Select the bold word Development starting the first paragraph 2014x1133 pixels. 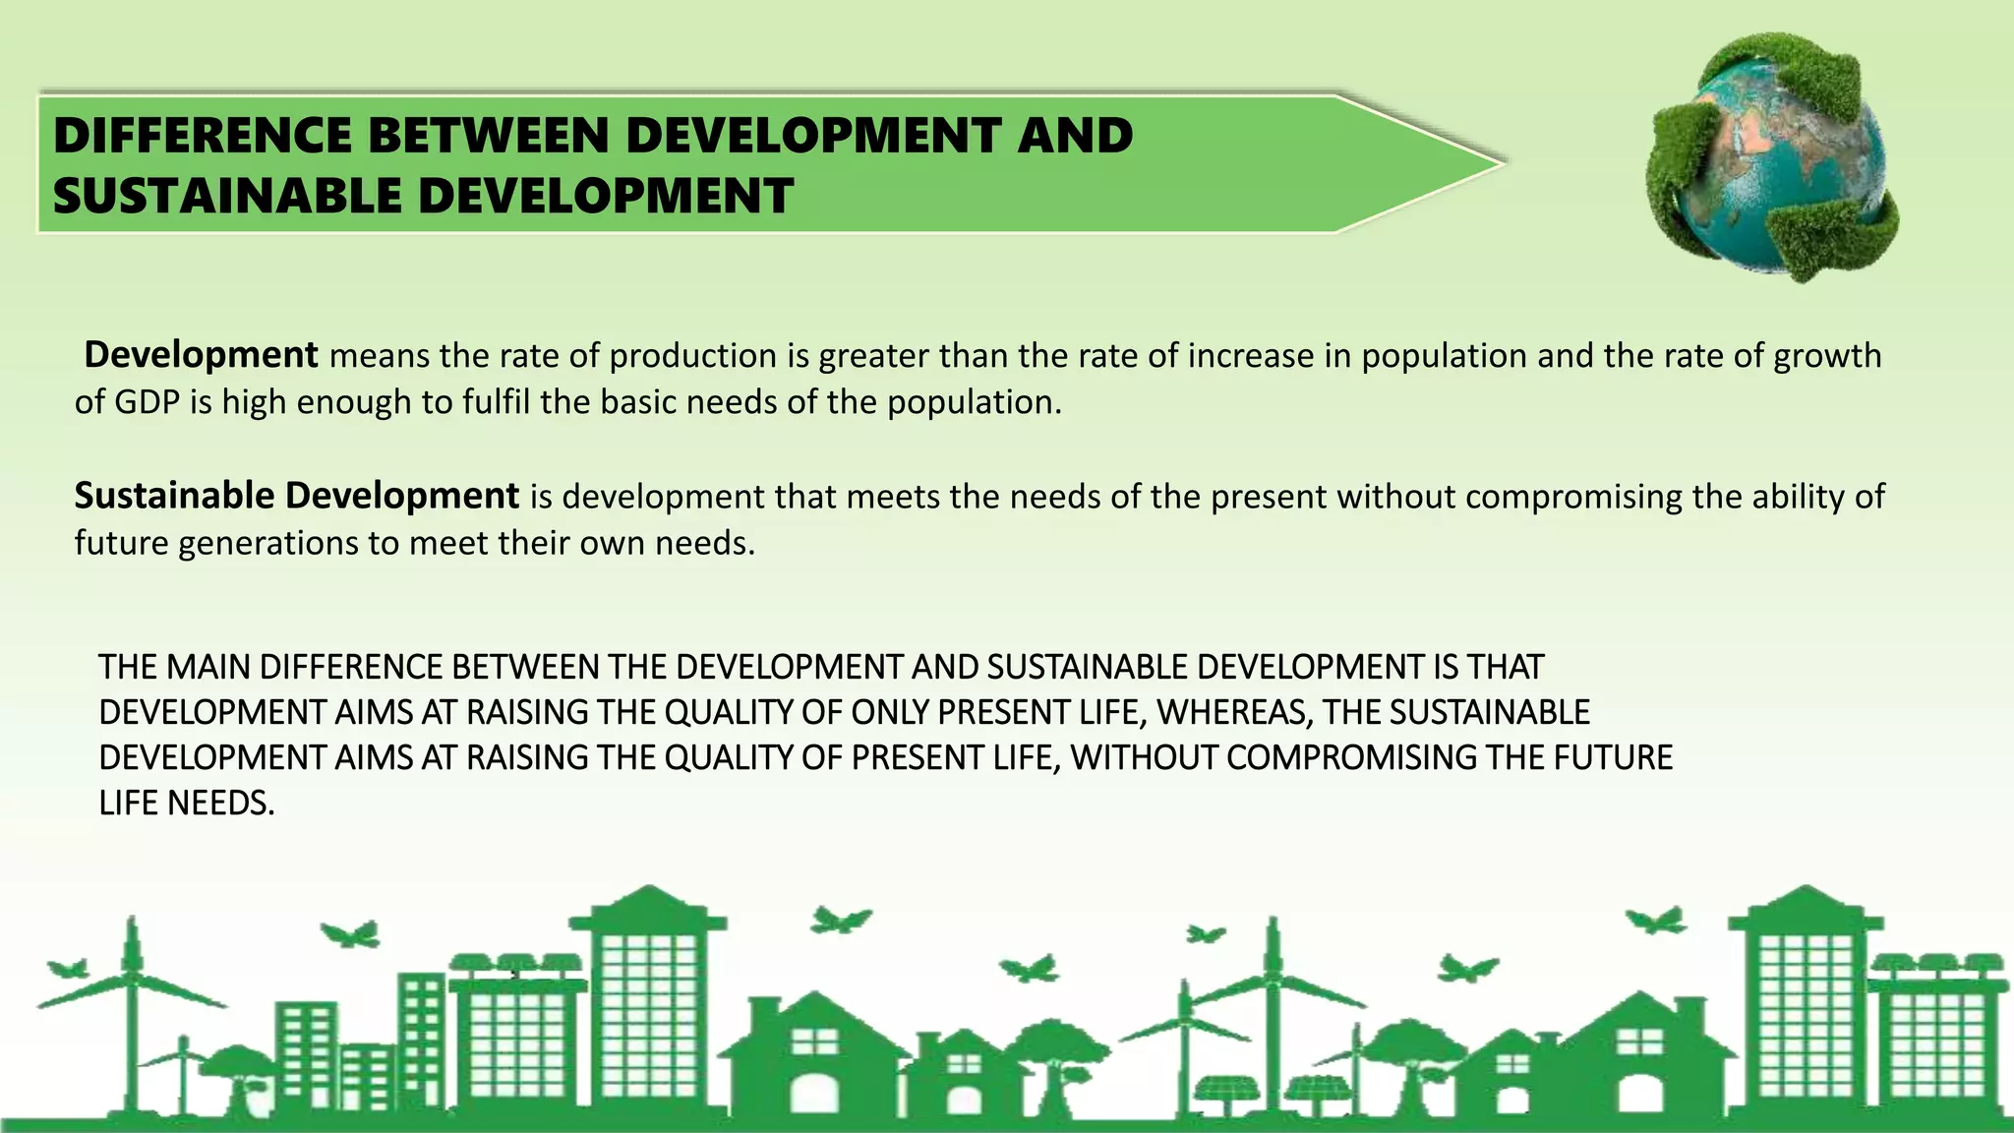click(x=201, y=354)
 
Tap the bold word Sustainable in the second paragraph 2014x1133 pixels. click(x=174, y=496)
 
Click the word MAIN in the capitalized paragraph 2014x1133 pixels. click(x=208, y=667)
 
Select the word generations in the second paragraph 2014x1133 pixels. click(x=267, y=543)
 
